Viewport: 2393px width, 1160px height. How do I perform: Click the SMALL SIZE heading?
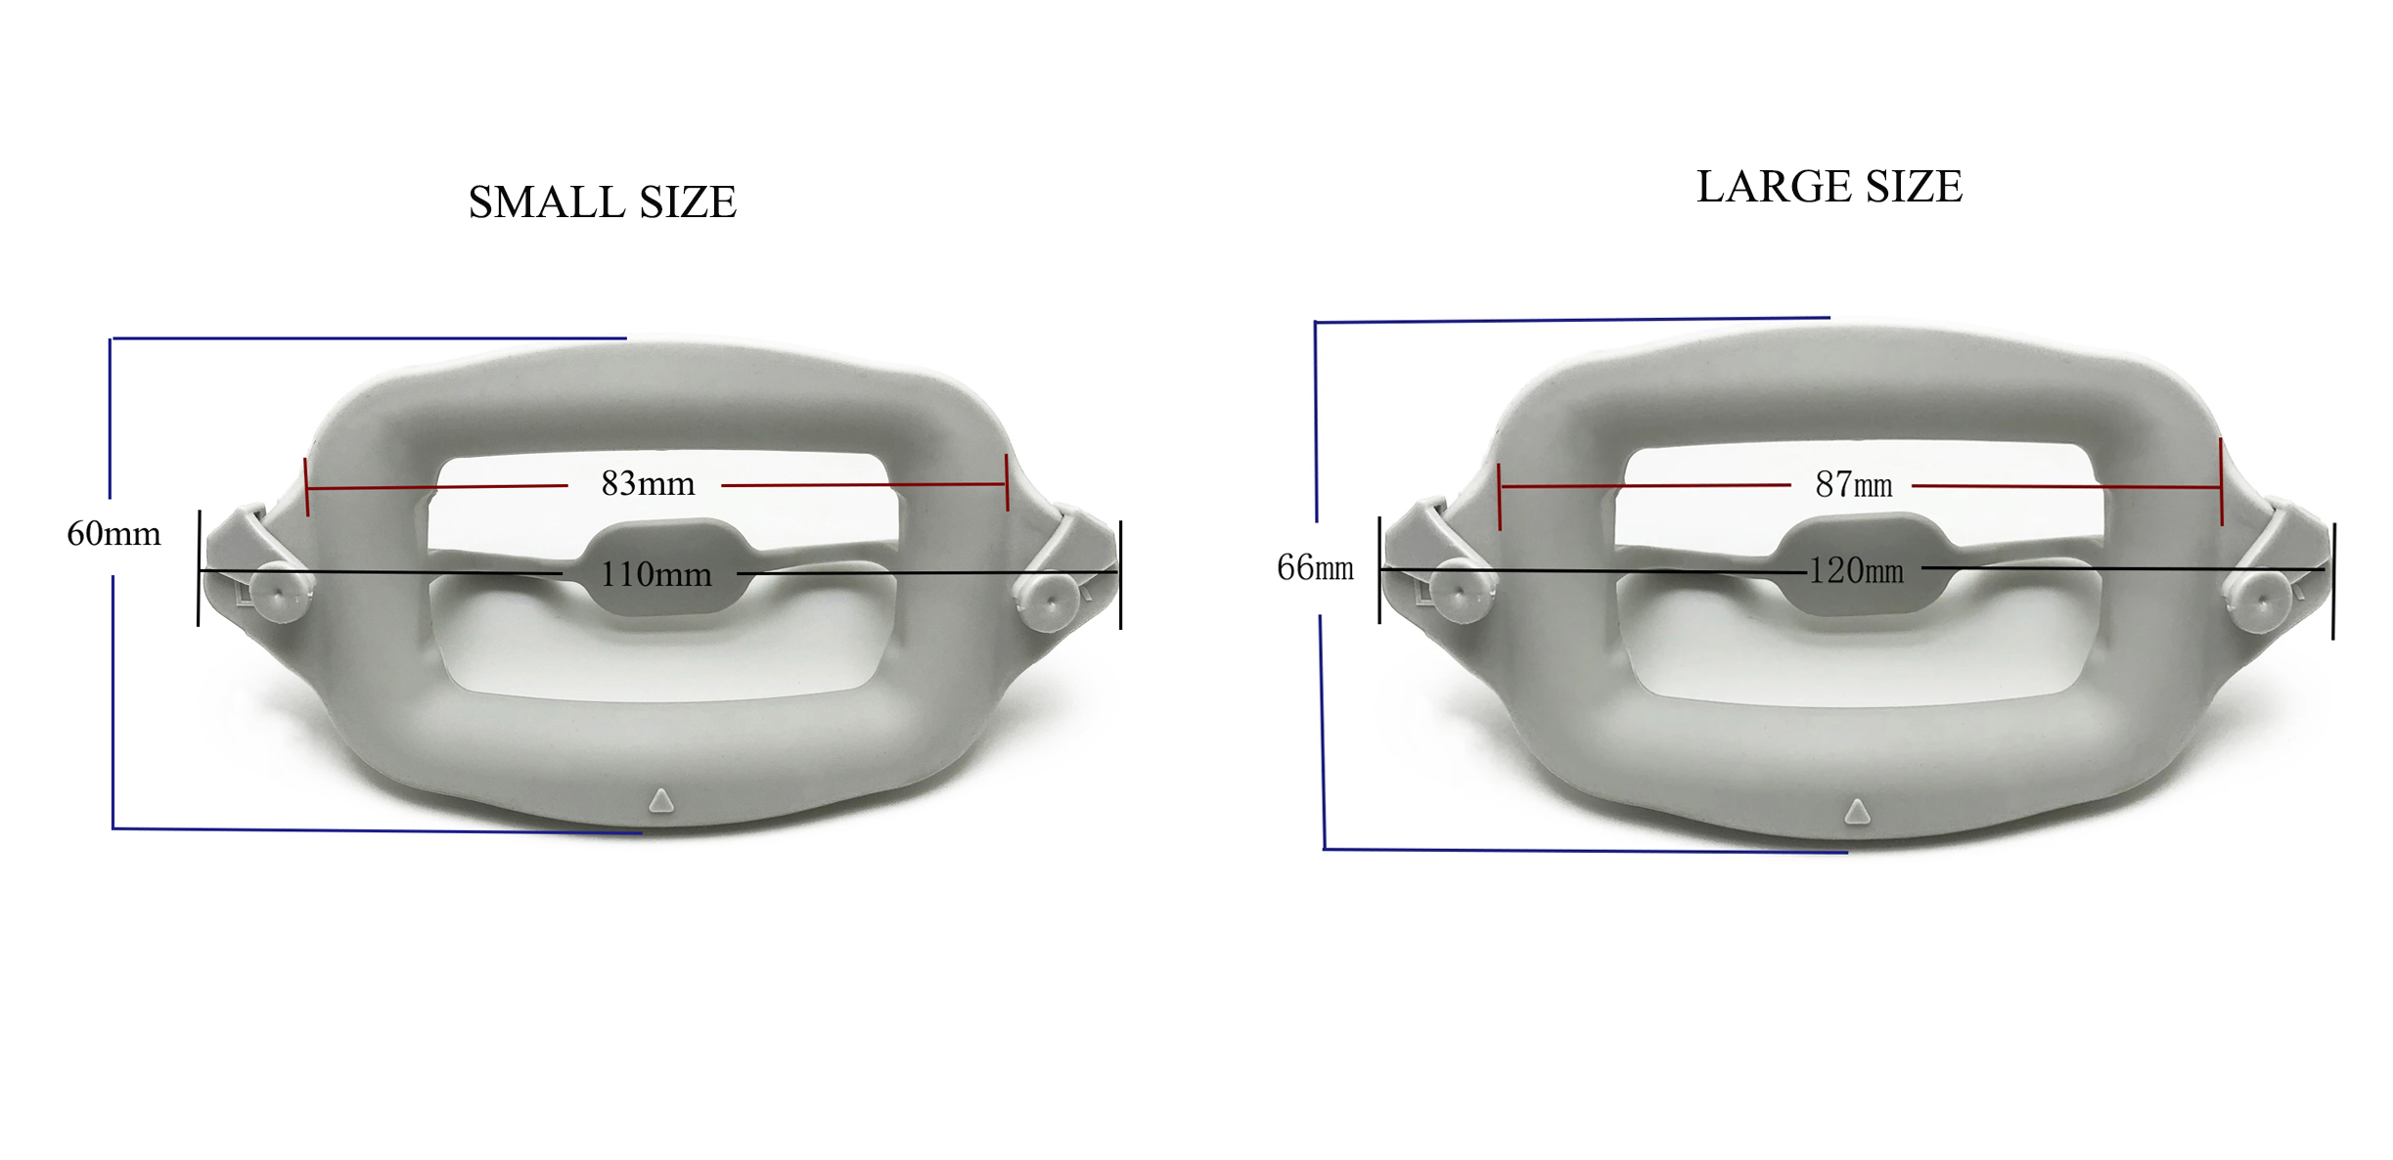coord(602,202)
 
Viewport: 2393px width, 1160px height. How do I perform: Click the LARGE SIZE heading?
coord(1829,187)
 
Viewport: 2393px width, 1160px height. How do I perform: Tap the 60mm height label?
coord(113,534)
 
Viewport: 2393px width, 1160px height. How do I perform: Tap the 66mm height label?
coord(1315,567)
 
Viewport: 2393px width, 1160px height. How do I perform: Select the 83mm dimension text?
coord(648,483)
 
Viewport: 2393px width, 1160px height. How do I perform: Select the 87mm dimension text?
coord(1853,484)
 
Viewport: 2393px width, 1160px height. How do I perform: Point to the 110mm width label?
coord(655,574)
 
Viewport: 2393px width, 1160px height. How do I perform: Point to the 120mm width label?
coord(1856,570)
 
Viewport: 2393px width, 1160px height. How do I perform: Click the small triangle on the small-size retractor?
coord(661,801)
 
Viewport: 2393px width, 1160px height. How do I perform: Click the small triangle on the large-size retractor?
coord(1857,811)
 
